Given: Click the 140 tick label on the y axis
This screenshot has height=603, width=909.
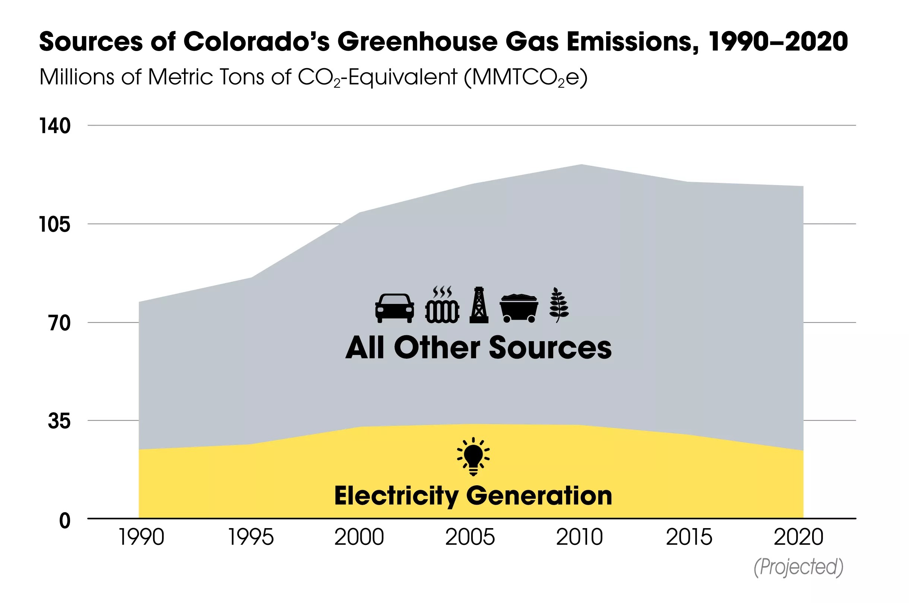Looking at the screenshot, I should [55, 126].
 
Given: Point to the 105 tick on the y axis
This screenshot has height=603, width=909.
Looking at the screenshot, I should [55, 224].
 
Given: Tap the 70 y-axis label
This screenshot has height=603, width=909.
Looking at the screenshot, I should [60, 323].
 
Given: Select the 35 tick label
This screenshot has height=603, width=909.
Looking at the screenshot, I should [59, 421].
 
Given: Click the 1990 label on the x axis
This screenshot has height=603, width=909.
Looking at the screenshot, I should [141, 537].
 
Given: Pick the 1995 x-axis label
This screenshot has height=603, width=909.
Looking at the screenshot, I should [251, 537].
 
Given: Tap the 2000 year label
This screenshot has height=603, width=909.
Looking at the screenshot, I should [359, 537].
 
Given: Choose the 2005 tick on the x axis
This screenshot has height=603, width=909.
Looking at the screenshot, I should [470, 537].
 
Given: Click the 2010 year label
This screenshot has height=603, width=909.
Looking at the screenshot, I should [579, 537].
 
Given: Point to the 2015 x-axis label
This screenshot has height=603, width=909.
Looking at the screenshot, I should [689, 537].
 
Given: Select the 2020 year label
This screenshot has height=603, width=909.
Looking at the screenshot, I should [798, 537].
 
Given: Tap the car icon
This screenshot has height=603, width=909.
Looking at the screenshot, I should [395, 308].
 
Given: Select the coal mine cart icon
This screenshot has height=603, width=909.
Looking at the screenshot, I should [519, 308].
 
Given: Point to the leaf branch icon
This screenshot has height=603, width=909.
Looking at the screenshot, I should [559, 305].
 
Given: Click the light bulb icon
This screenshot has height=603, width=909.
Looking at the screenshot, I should [473, 457].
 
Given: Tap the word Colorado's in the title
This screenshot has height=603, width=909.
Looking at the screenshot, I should [256, 42].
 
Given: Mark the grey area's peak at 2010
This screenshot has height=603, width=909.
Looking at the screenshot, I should [581, 165].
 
